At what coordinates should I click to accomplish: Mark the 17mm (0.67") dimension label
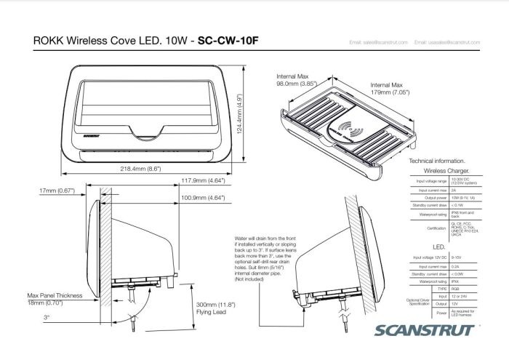(57, 191)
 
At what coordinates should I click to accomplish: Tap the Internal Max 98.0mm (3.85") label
(297, 79)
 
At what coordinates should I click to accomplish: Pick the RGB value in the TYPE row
(456, 288)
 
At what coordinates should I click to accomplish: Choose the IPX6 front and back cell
(461, 215)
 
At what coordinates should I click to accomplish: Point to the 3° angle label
(47, 318)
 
